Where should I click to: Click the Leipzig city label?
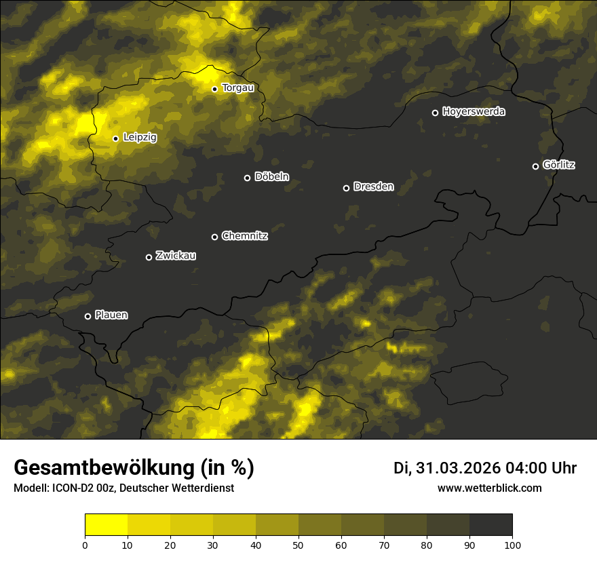(140, 138)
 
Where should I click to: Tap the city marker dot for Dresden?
(346, 188)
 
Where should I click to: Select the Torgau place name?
(237, 88)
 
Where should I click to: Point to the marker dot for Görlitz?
(535, 166)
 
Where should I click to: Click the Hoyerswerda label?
(474, 112)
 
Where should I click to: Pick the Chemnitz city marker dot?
(214, 237)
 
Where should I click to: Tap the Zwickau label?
(176, 256)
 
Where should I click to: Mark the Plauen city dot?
(88, 316)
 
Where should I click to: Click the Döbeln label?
(271, 177)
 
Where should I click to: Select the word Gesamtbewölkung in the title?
(103, 468)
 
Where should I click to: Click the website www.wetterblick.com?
(490, 488)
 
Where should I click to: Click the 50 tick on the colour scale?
(298, 545)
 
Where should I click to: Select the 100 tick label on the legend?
(512, 545)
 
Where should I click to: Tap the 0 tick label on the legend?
(85, 545)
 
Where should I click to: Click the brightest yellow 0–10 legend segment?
(106, 525)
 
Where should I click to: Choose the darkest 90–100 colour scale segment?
(490, 525)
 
